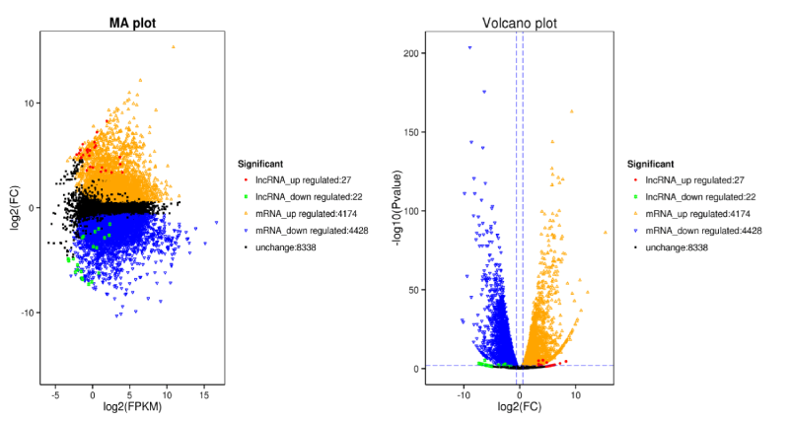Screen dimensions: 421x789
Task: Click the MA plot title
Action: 123,23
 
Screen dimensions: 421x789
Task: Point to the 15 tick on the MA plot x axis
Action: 204,392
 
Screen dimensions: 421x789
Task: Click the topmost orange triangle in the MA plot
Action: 174,46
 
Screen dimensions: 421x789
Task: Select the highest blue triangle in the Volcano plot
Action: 469,47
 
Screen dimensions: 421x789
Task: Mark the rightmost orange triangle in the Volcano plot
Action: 606,233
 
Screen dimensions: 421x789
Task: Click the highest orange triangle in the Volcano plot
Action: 571,111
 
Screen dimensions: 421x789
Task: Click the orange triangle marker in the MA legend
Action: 245,214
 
